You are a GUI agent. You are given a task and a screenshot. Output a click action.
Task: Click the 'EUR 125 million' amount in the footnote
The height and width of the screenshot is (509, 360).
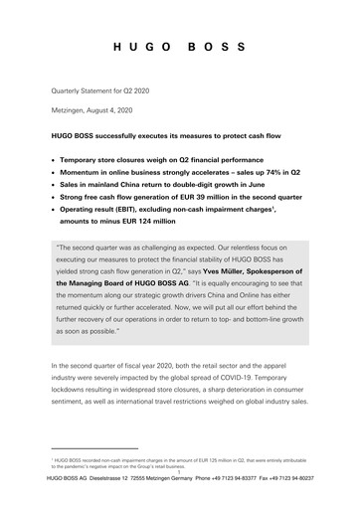[212, 435]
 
